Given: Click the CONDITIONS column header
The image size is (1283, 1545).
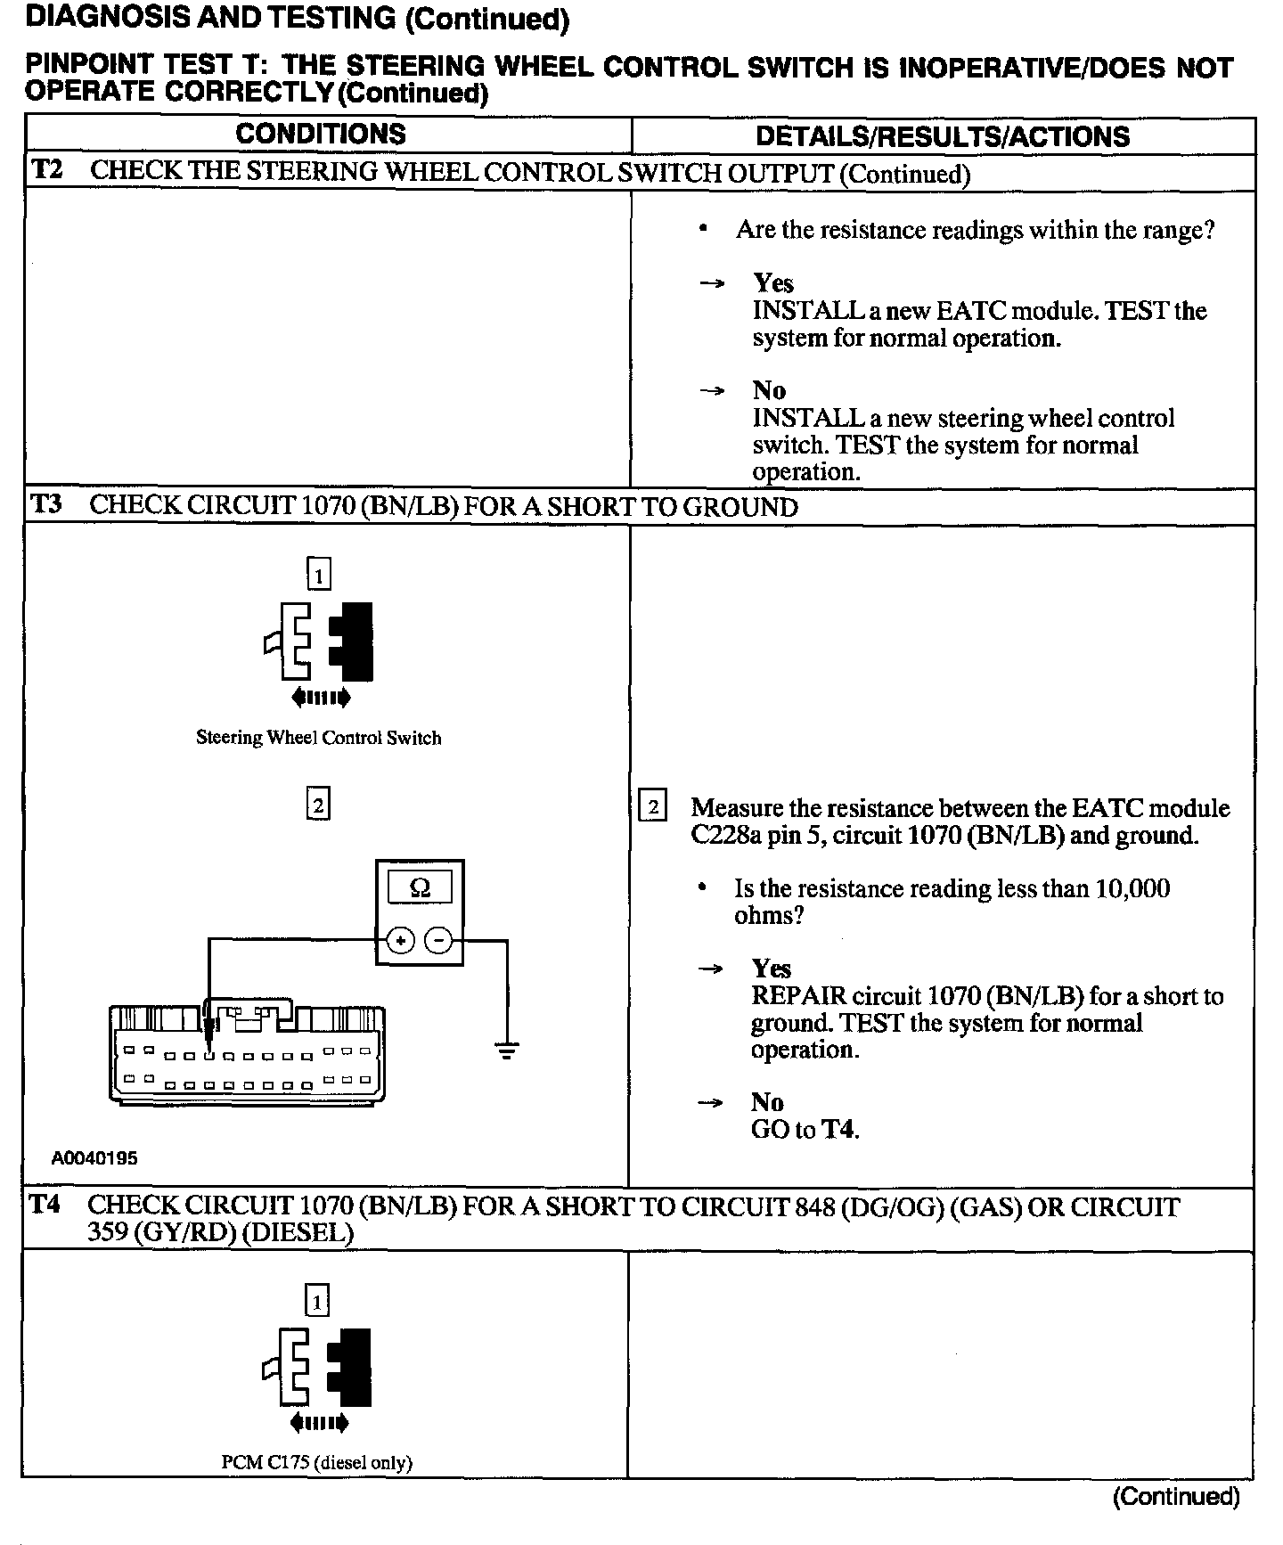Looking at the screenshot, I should [x=320, y=135].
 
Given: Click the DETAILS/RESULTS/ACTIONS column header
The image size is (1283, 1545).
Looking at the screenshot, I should [x=942, y=136].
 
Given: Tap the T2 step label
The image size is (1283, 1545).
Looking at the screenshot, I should [x=47, y=170].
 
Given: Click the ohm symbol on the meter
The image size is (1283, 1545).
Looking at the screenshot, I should [x=420, y=888].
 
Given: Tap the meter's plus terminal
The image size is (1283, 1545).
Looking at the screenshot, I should [x=400, y=940].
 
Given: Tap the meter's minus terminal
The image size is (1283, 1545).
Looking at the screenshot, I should [x=437, y=940].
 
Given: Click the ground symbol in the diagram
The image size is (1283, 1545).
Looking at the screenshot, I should [x=507, y=1051].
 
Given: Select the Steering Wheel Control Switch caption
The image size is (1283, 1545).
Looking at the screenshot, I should [x=318, y=738].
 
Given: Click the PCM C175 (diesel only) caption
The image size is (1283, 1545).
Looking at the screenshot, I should [x=316, y=1462].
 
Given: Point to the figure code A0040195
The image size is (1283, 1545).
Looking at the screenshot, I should [x=94, y=1158].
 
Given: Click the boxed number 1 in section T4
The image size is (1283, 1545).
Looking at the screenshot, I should [x=317, y=1303].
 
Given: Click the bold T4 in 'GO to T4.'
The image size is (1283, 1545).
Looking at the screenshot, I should [x=838, y=1130].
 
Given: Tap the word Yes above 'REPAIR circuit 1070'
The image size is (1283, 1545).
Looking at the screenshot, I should [x=771, y=969].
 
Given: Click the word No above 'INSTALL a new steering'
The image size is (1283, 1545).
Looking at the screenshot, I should [x=769, y=390].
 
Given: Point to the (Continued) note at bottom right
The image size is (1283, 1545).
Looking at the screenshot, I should [x=1175, y=1497].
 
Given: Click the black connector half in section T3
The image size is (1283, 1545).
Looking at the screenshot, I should [x=353, y=642].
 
